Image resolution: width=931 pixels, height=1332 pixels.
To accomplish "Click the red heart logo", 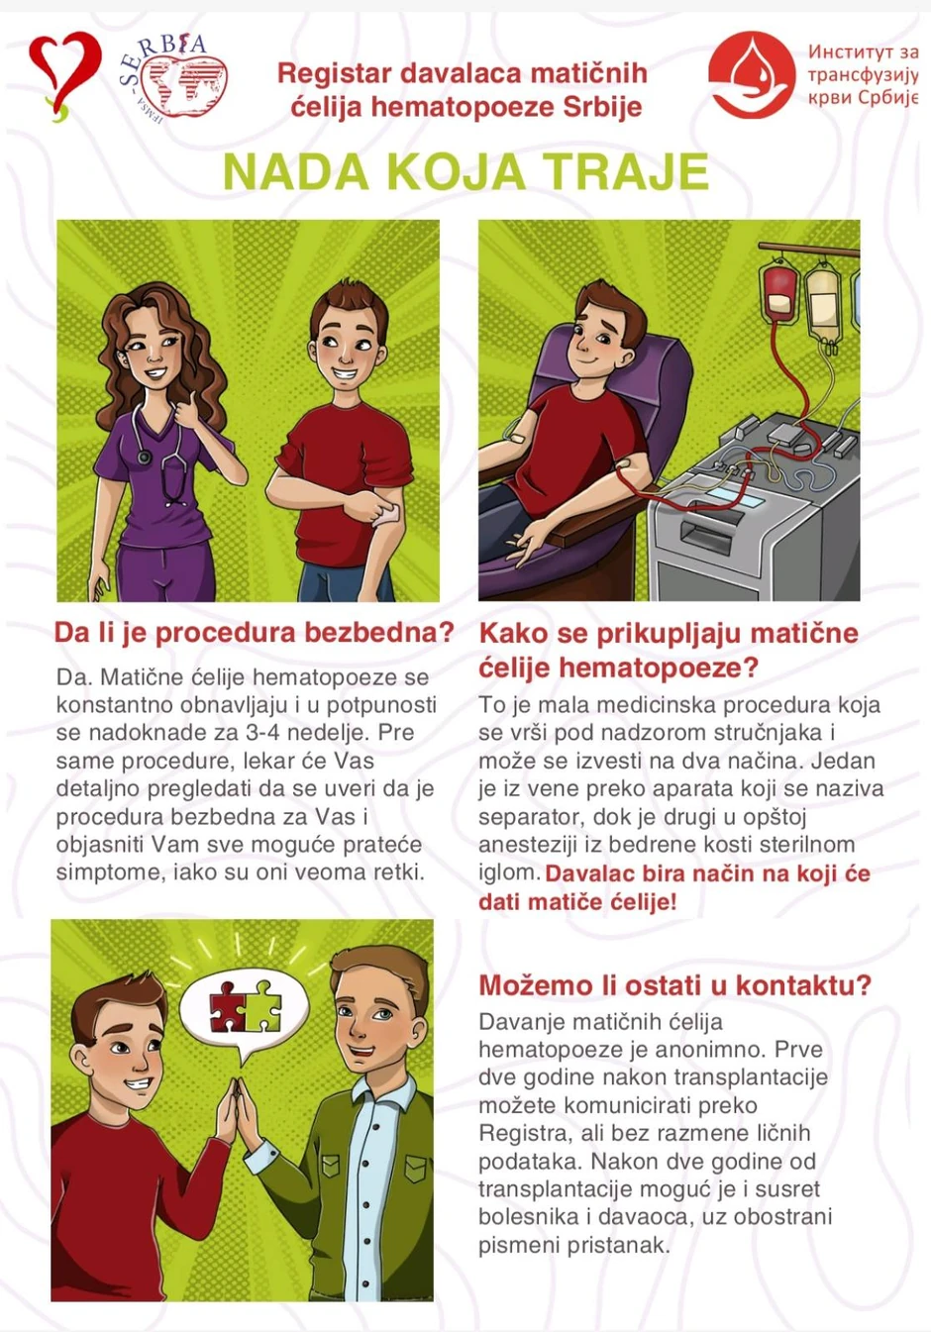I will click(x=62, y=72).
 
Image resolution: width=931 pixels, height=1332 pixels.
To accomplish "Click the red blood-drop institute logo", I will click(x=752, y=75).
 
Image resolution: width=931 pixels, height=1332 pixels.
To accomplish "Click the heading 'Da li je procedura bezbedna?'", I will click(x=254, y=633).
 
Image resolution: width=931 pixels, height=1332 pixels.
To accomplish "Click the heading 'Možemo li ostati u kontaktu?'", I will click(x=674, y=985).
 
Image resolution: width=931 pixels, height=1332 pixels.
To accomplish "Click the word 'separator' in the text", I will click(x=531, y=817).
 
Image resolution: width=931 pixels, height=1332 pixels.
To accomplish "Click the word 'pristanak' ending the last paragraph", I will click(x=621, y=1245).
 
